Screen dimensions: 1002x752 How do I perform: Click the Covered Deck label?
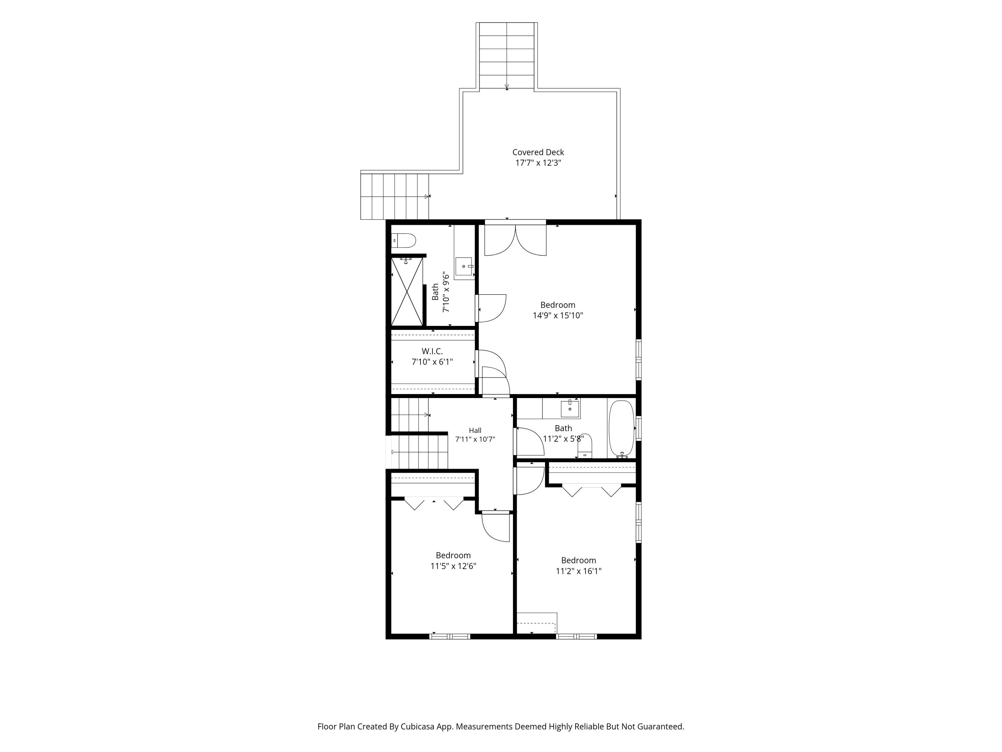click(x=538, y=152)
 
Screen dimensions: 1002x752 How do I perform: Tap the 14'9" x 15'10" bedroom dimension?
click(x=558, y=316)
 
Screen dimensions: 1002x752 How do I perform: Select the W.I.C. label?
click(x=432, y=351)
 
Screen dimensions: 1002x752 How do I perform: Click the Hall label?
click(x=475, y=430)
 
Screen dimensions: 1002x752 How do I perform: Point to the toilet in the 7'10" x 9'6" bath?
click(x=403, y=241)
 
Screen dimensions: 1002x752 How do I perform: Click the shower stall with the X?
click(x=407, y=291)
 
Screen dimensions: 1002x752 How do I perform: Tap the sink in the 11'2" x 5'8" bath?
click(x=570, y=409)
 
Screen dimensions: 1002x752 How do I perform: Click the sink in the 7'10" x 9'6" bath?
click(x=464, y=266)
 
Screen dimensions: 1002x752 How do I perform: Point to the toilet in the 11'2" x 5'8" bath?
click(x=585, y=446)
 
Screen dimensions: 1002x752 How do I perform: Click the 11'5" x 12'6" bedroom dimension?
click(x=454, y=566)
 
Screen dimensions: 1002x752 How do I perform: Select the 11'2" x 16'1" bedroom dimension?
click(x=578, y=571)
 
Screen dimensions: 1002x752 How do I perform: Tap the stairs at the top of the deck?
click(x=507, y=55)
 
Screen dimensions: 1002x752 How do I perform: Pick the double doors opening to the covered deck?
click(x=515, y=240)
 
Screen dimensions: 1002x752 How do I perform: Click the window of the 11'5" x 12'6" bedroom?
click(x=450, y=636)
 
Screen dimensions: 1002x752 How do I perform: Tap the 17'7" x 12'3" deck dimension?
click(x=538, y=163)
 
